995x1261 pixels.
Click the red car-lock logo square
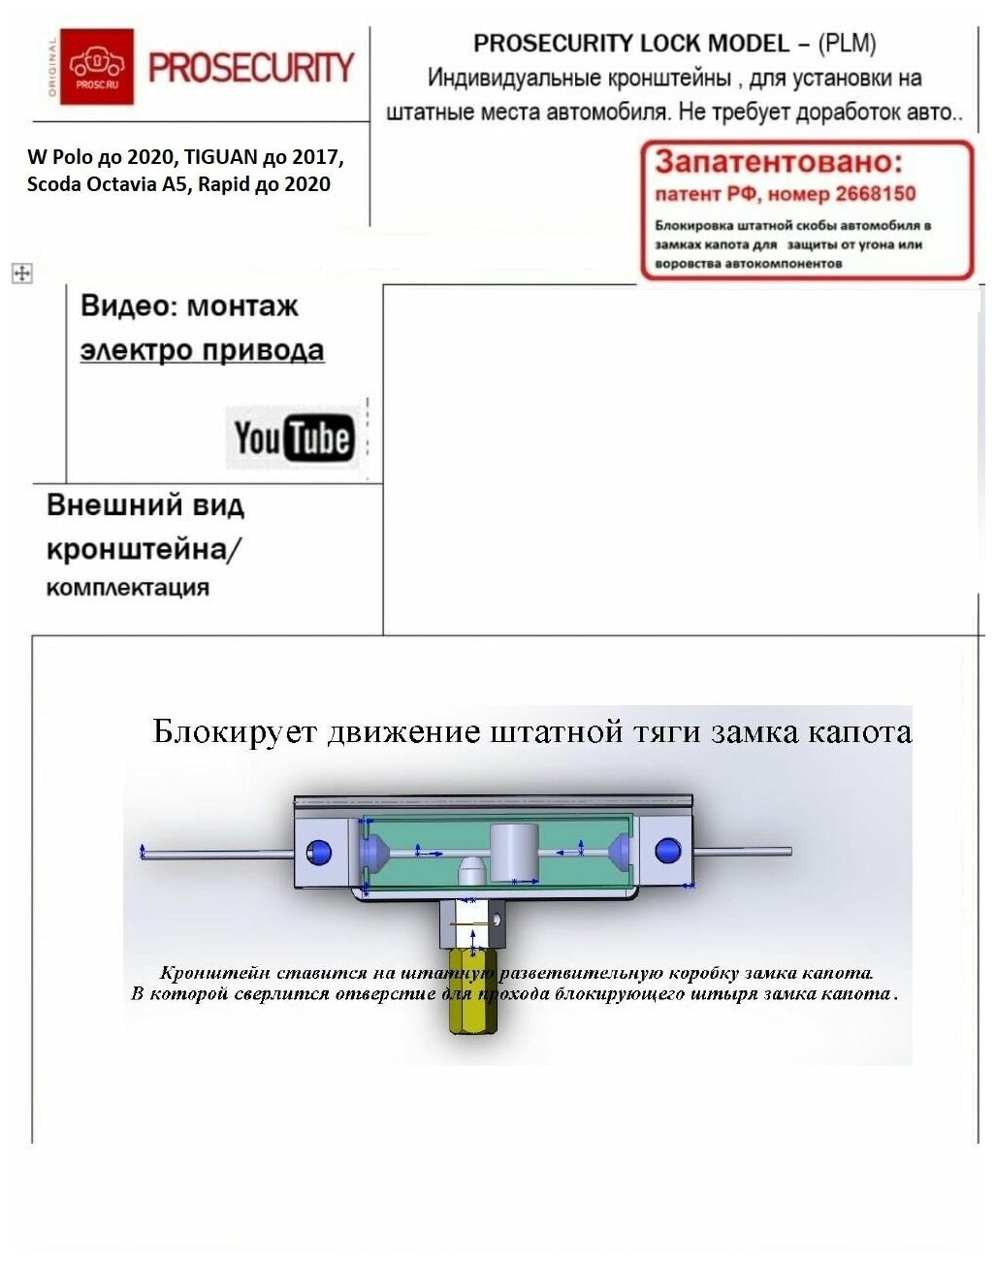tap(97, 66)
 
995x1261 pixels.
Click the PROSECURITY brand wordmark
tap(251, 68)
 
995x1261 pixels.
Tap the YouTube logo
tap(293, 437)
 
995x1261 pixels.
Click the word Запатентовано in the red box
tap(779, 161)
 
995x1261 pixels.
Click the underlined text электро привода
tap(202, 349)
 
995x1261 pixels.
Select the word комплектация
tap(127, 587)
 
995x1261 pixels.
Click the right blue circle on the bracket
tap(667, 851)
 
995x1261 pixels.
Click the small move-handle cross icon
tap(21, 274)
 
